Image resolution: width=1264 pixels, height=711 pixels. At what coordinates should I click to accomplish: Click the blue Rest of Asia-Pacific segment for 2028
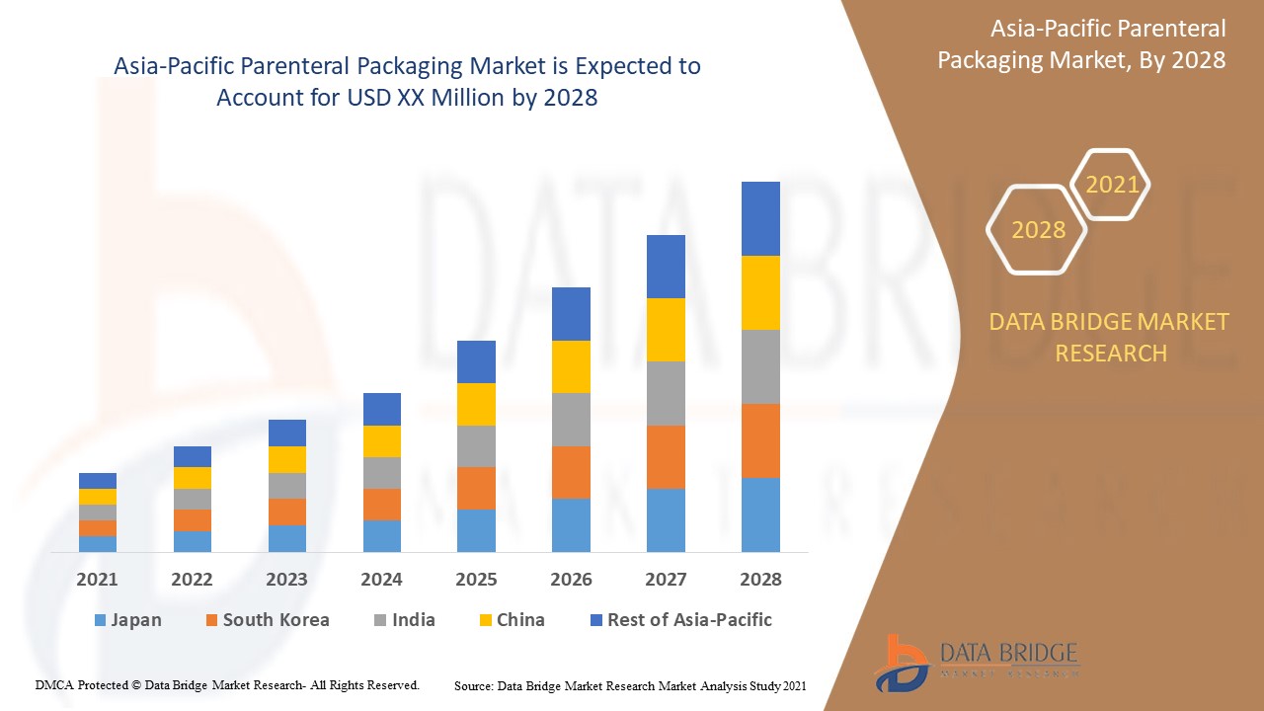[760, 218]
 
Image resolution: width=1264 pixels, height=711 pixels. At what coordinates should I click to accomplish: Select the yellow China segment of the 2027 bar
[666, 329]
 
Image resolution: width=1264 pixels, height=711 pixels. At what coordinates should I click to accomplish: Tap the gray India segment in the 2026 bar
[571, 419]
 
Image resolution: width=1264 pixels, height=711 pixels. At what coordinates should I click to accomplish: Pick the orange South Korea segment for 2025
[476, 488]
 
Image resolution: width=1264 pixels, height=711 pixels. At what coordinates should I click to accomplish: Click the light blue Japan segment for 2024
[381, 535]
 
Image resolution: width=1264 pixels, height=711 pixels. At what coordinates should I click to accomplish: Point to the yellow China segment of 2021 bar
[98, 496]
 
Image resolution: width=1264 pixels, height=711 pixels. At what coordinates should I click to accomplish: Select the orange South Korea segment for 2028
[760, 440]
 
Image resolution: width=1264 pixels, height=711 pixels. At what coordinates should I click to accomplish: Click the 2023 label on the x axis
[286, 580]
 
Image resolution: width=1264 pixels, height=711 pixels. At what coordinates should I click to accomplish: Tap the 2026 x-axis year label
[571, 580]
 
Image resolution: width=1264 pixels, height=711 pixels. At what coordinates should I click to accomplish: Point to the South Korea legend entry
[267, 620]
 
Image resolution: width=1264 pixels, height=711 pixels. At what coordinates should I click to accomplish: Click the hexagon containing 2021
[1112, 185]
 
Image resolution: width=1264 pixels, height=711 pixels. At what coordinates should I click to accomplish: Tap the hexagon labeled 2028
[1038, 230]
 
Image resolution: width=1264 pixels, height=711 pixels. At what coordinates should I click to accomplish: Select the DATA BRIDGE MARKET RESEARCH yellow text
[1110, 337]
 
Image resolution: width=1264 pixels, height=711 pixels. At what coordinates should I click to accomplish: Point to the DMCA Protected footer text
[227, 684]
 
